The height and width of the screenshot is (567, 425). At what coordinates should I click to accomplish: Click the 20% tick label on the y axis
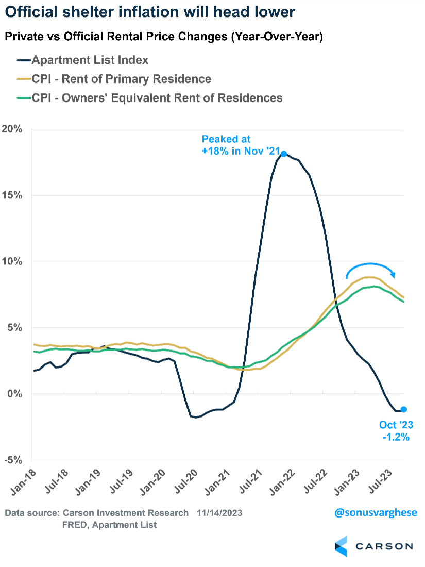click(x=12, y=129)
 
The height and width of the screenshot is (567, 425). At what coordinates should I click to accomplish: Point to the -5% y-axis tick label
click(x=12, y=460)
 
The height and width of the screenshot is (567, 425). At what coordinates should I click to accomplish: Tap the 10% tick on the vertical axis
click(x=12, y=261)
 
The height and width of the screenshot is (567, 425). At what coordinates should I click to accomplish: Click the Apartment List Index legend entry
click(x=90, y=60)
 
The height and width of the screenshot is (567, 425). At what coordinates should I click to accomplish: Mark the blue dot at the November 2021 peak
click(x=284, y=154)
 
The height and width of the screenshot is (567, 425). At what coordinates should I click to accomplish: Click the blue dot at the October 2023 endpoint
click(x=404, y=409)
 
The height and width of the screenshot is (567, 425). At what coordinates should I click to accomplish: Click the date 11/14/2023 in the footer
click(x=219, y=513)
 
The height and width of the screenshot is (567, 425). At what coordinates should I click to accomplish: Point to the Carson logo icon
click(x=341, y=546)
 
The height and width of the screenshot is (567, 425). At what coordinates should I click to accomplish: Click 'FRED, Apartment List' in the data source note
click(x=110, y=525)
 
